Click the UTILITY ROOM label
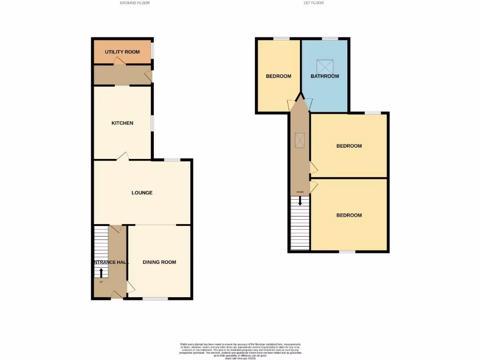122,52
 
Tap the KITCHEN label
122,123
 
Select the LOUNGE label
142,193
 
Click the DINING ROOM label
159,262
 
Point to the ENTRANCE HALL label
111,262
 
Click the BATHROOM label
325,76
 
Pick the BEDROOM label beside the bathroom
278,76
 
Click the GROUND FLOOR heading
135,3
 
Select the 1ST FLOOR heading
313,3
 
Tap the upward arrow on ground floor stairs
101,272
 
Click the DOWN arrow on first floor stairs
300,201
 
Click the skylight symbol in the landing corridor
300,139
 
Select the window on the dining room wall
155,299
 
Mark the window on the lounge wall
172,160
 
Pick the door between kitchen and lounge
123,156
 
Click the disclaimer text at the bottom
240,351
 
